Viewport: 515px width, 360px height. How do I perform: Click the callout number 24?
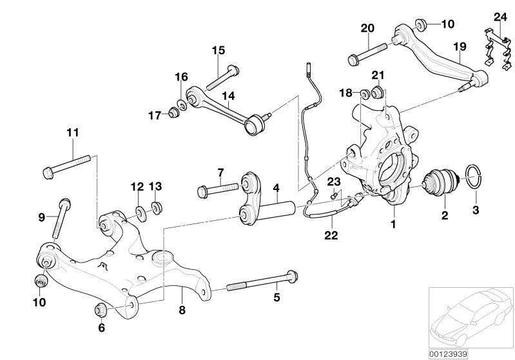pos(500,16)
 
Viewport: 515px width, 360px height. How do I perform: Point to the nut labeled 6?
pos(101,310)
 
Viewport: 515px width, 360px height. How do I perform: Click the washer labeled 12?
pos(139,211)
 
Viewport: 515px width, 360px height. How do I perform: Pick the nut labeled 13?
pos(155,208)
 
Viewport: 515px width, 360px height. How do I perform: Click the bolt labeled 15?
pos(222,77)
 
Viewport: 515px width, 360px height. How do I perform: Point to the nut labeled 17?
pos(172,114)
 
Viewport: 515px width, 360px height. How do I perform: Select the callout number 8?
pos(182,310)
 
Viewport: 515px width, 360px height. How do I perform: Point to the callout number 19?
pos(459,46)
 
